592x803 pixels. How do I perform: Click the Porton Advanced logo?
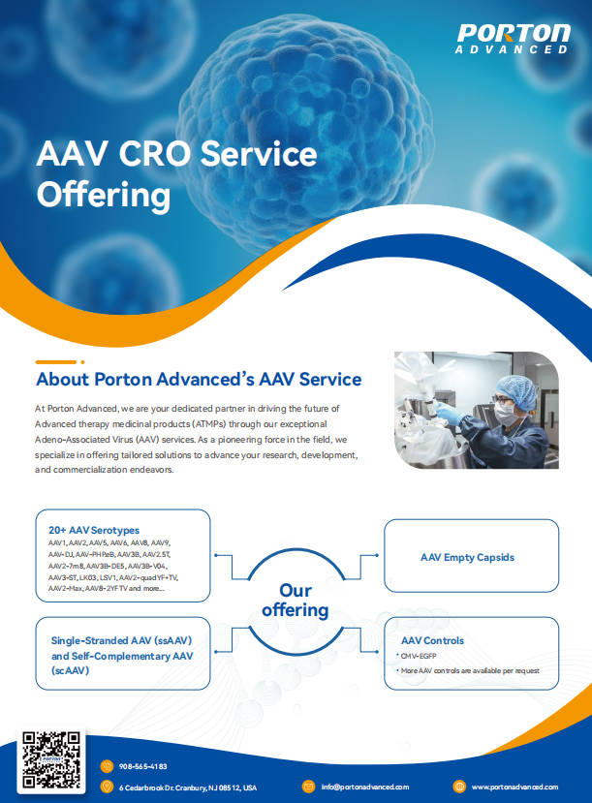coord(514,39)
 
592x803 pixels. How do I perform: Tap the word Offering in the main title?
coord(104,196)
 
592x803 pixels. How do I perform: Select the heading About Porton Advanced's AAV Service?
coord(199,379)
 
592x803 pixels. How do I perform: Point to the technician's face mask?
coord(507,413)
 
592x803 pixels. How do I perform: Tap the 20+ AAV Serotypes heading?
coord(94,530)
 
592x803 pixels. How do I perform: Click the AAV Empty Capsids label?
coord(467,557)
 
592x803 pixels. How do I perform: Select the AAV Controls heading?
coord(432,640)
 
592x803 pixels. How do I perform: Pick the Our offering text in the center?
coord(296,601)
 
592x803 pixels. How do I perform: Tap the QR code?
coord(51,760)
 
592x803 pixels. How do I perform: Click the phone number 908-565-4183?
coord(142,766)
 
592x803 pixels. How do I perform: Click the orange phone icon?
coord(107,766)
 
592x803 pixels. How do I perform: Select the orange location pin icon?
coord(107,787)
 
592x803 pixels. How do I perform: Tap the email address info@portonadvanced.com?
coord(365,787)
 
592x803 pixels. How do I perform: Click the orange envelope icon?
coord(308,787)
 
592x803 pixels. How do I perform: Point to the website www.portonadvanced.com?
coord(514,787)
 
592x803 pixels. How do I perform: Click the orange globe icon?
coord(459,787)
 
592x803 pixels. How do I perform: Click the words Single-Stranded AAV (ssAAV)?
coord(121,640)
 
